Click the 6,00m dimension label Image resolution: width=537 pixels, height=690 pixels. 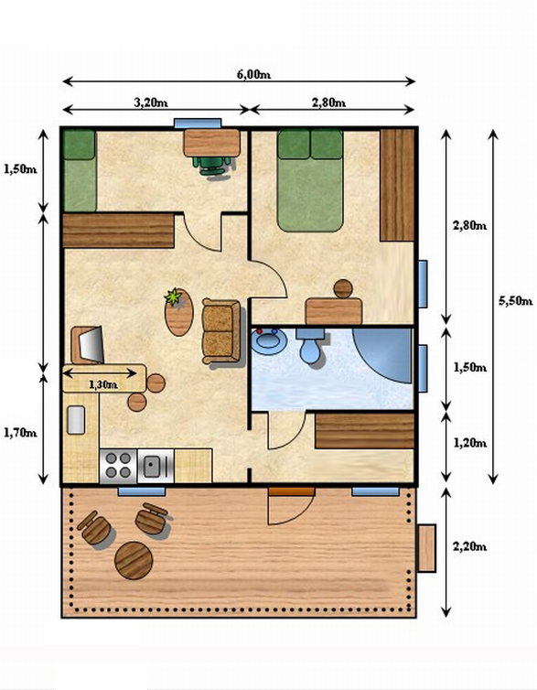click(x=253, y=74)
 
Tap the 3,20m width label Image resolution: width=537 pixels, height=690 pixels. click(x=151, y=102)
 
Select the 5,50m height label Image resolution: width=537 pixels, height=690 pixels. click(x=515, y=300)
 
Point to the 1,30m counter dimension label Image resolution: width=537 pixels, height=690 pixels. click(x=102, y=384)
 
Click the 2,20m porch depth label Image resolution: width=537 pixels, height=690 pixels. click(x=469, y=546)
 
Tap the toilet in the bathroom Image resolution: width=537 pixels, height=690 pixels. click(x=310, y=345)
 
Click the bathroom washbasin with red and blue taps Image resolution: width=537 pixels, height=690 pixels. click(x=269, y=341)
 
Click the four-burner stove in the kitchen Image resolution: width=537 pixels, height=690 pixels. click(x=118, y=466)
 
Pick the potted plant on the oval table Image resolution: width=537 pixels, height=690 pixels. click(x=174, y=297)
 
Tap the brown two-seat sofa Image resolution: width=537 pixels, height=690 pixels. click(x=221, y=331)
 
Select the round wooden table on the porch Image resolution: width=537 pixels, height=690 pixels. click(x=134, y=560)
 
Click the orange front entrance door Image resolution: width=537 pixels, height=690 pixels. click(x=292, y=491)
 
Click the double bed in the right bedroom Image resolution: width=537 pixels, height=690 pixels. click(x=310, y=180)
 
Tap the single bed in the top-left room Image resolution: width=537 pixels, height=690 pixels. click(x=80, y=171)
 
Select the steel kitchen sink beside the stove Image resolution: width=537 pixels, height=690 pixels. click(x=156, y=466)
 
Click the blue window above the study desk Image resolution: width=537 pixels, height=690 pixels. click(x=198, y=124)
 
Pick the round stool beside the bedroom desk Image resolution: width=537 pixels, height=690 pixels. click(x=343, y=288)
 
